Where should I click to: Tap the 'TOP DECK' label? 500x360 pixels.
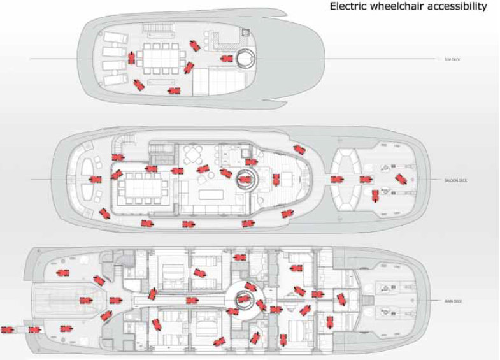(452, 60)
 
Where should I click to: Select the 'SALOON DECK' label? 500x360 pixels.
(456, 180)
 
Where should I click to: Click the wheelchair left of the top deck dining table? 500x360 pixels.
(130, 59)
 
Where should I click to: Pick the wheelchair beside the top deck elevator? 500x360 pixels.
(225, 59)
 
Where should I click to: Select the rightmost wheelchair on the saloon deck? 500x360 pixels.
(400, 180)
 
